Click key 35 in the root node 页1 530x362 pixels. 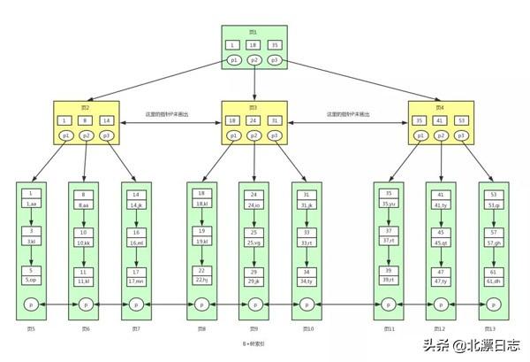pyautogui.click(x=275, y=45)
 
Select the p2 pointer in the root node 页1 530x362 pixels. pyautogui.click(x=254, y=60)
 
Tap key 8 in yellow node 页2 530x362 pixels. pyautogui.click(x=86, y=120)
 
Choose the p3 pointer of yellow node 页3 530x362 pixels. pyautogui.click(x=275, y=135)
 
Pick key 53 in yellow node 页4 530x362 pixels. pyautogui.click(x=461, y=120)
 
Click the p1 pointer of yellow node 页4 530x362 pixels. pyautogui.click(x=420, y=135)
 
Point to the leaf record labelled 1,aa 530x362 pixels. pyautogui.click(x=31, y=204)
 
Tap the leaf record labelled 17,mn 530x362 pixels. pyautogui.click(x=136, y=281)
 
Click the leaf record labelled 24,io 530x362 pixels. pyautogui.click(x=254, y=204)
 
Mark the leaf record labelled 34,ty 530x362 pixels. pyautogui.click(x=307, y=281)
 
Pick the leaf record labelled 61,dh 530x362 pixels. pyautogui.click(x=495, y=281)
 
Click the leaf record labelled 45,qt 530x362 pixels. pyautogui.click(x=442, y=242)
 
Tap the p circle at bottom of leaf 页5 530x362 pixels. pyautogui.click(x=31, y=304)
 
